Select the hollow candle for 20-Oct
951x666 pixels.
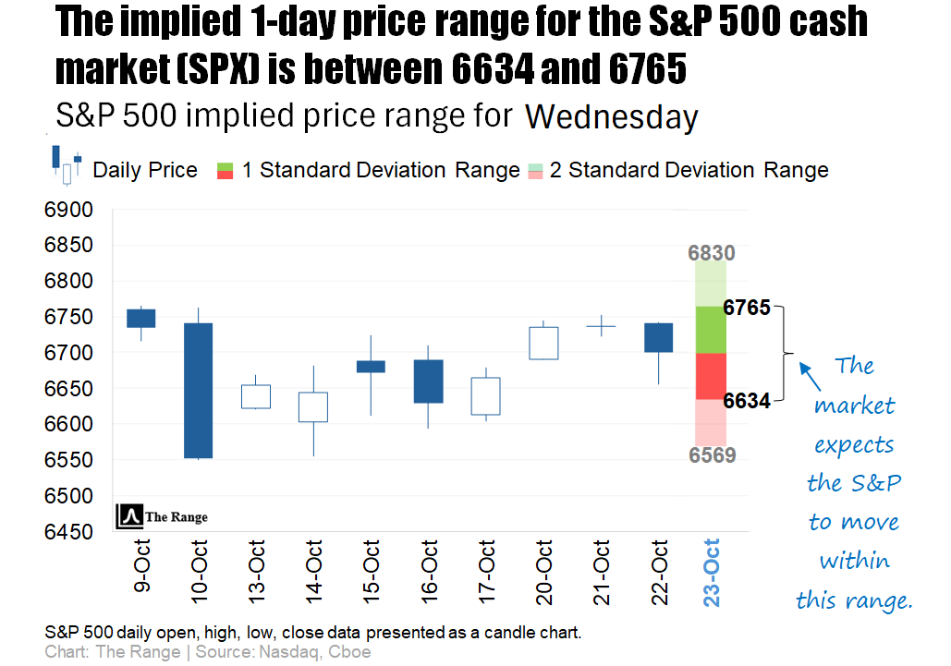(x=543, y=343)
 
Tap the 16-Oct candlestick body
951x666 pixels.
(x=428, y=381)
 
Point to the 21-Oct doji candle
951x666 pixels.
(x=602, y=326)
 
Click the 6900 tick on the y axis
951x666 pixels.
(x=68, y=211)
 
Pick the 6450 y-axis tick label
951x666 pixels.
(x=68, y=533)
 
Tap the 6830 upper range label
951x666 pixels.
(x=712, y=253)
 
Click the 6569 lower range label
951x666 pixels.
(x=712, y=455)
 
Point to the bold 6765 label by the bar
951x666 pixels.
(x=747, y=308)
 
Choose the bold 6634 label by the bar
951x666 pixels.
(x=747, y=401)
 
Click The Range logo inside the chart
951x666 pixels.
(x=163, y=517)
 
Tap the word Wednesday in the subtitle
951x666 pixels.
(x=611, y=117)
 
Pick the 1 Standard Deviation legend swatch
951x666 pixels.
(x=225, y=170)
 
